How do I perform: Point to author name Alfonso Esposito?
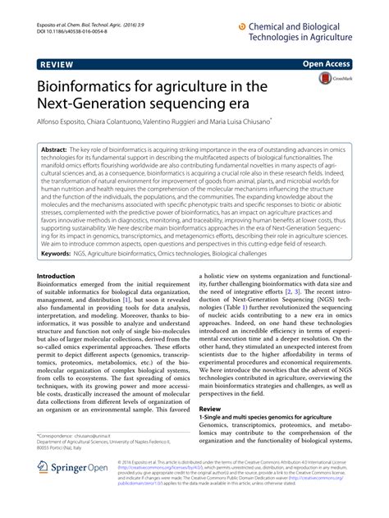tap(66, 121)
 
